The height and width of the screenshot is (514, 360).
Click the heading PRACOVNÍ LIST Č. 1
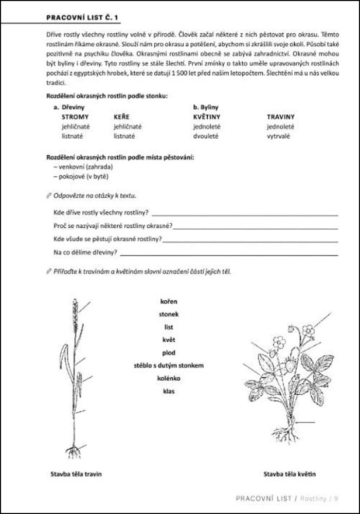(83, 18)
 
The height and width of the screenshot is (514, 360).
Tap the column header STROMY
(75, 117)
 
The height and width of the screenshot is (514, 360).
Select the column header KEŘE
(122, 117)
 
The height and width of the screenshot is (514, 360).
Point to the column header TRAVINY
(281, 117)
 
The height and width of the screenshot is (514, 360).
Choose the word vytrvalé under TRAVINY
(278, 136)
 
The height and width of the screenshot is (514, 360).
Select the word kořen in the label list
(169, 302)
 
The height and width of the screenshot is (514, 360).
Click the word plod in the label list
(169, 353)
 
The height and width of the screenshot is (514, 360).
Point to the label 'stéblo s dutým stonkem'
(169, 365)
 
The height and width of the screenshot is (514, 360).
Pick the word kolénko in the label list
(169, 379)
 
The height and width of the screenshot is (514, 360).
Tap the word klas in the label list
(169, 391)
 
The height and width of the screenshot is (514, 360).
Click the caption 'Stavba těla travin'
(76, 474)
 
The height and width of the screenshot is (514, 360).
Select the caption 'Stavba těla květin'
(290, 474)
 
